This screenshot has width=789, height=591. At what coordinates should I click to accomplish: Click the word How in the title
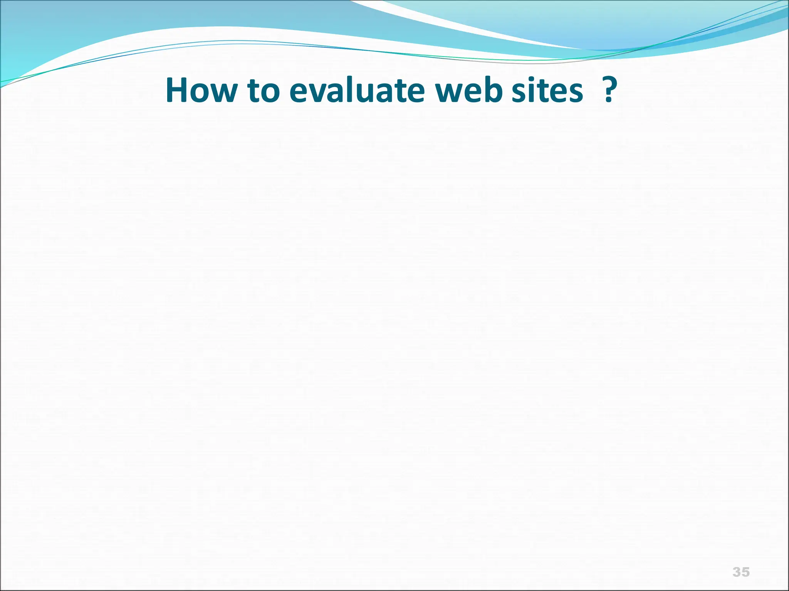(201, 91)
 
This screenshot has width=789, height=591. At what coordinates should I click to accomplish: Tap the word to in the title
(263, 92)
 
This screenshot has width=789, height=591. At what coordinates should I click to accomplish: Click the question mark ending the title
(609, 90)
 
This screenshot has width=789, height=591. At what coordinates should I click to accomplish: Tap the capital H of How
(178, 91)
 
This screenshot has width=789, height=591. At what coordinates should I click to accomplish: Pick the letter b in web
(493, 90)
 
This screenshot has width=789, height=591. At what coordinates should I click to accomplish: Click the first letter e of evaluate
(300, 93)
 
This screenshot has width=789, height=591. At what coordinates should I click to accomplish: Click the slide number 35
(741, 572)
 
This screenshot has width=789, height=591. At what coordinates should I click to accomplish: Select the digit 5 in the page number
(745, 572)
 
